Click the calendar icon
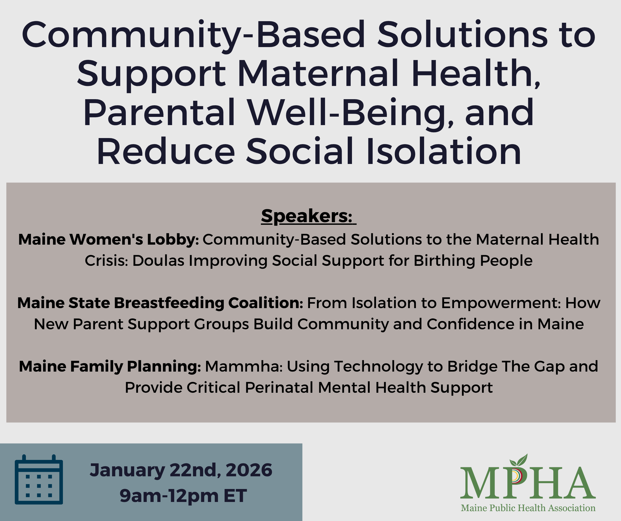39,479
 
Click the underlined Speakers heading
308,216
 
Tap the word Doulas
158,261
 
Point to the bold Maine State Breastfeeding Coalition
160,303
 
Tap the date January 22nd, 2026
181,470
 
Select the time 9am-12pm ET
183,496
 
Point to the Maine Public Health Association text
528,508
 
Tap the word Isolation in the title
444,151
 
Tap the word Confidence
470,324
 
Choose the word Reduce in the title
166,152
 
